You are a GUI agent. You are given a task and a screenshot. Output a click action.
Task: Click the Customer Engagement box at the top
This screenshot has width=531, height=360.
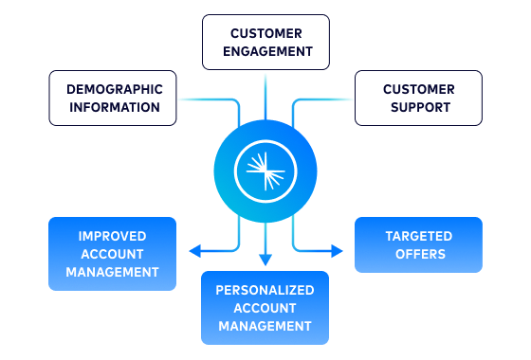pos(265,42)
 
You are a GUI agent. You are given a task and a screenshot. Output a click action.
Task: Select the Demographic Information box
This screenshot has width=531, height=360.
pos(113,98)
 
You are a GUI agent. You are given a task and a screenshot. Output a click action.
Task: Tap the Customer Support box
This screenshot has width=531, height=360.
pos(418,98)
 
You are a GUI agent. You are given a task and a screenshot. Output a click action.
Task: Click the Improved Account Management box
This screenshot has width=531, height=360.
pos(113,253)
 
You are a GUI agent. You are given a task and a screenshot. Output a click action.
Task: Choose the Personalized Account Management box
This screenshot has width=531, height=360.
pos(265,307)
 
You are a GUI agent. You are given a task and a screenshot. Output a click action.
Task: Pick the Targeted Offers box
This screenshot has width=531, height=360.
pos(418,244)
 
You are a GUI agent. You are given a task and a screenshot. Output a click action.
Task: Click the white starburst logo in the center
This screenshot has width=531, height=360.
pos(265,171)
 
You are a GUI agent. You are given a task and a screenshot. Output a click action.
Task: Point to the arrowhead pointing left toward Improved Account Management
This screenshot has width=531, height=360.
pos(194,251)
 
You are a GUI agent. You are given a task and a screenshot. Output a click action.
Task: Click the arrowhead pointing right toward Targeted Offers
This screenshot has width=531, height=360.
pos(338,251)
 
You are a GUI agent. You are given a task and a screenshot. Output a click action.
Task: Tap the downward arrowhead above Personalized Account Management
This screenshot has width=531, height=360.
pos(265,260)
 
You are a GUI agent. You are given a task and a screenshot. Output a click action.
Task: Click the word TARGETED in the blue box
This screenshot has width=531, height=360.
pos(418,236)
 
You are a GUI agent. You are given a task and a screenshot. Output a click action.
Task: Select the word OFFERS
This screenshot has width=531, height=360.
pos(418,254)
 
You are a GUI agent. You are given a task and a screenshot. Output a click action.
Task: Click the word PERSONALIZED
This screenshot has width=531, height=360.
pos(265,290)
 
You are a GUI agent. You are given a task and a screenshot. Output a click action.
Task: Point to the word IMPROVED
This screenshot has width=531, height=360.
pos(113,236)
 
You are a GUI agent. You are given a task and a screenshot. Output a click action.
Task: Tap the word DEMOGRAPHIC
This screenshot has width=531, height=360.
pos(114,89)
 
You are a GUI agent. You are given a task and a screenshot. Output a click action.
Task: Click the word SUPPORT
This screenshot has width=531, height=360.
pos(418,107)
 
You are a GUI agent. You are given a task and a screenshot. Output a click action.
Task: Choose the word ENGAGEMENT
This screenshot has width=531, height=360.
pos(265,51)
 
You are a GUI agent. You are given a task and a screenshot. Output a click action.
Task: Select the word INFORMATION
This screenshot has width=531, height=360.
pos(114,107)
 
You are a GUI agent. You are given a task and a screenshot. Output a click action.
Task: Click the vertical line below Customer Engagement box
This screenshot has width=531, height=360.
pos(265,95)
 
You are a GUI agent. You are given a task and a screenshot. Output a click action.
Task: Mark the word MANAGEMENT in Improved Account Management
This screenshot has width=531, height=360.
pos(113,272)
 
